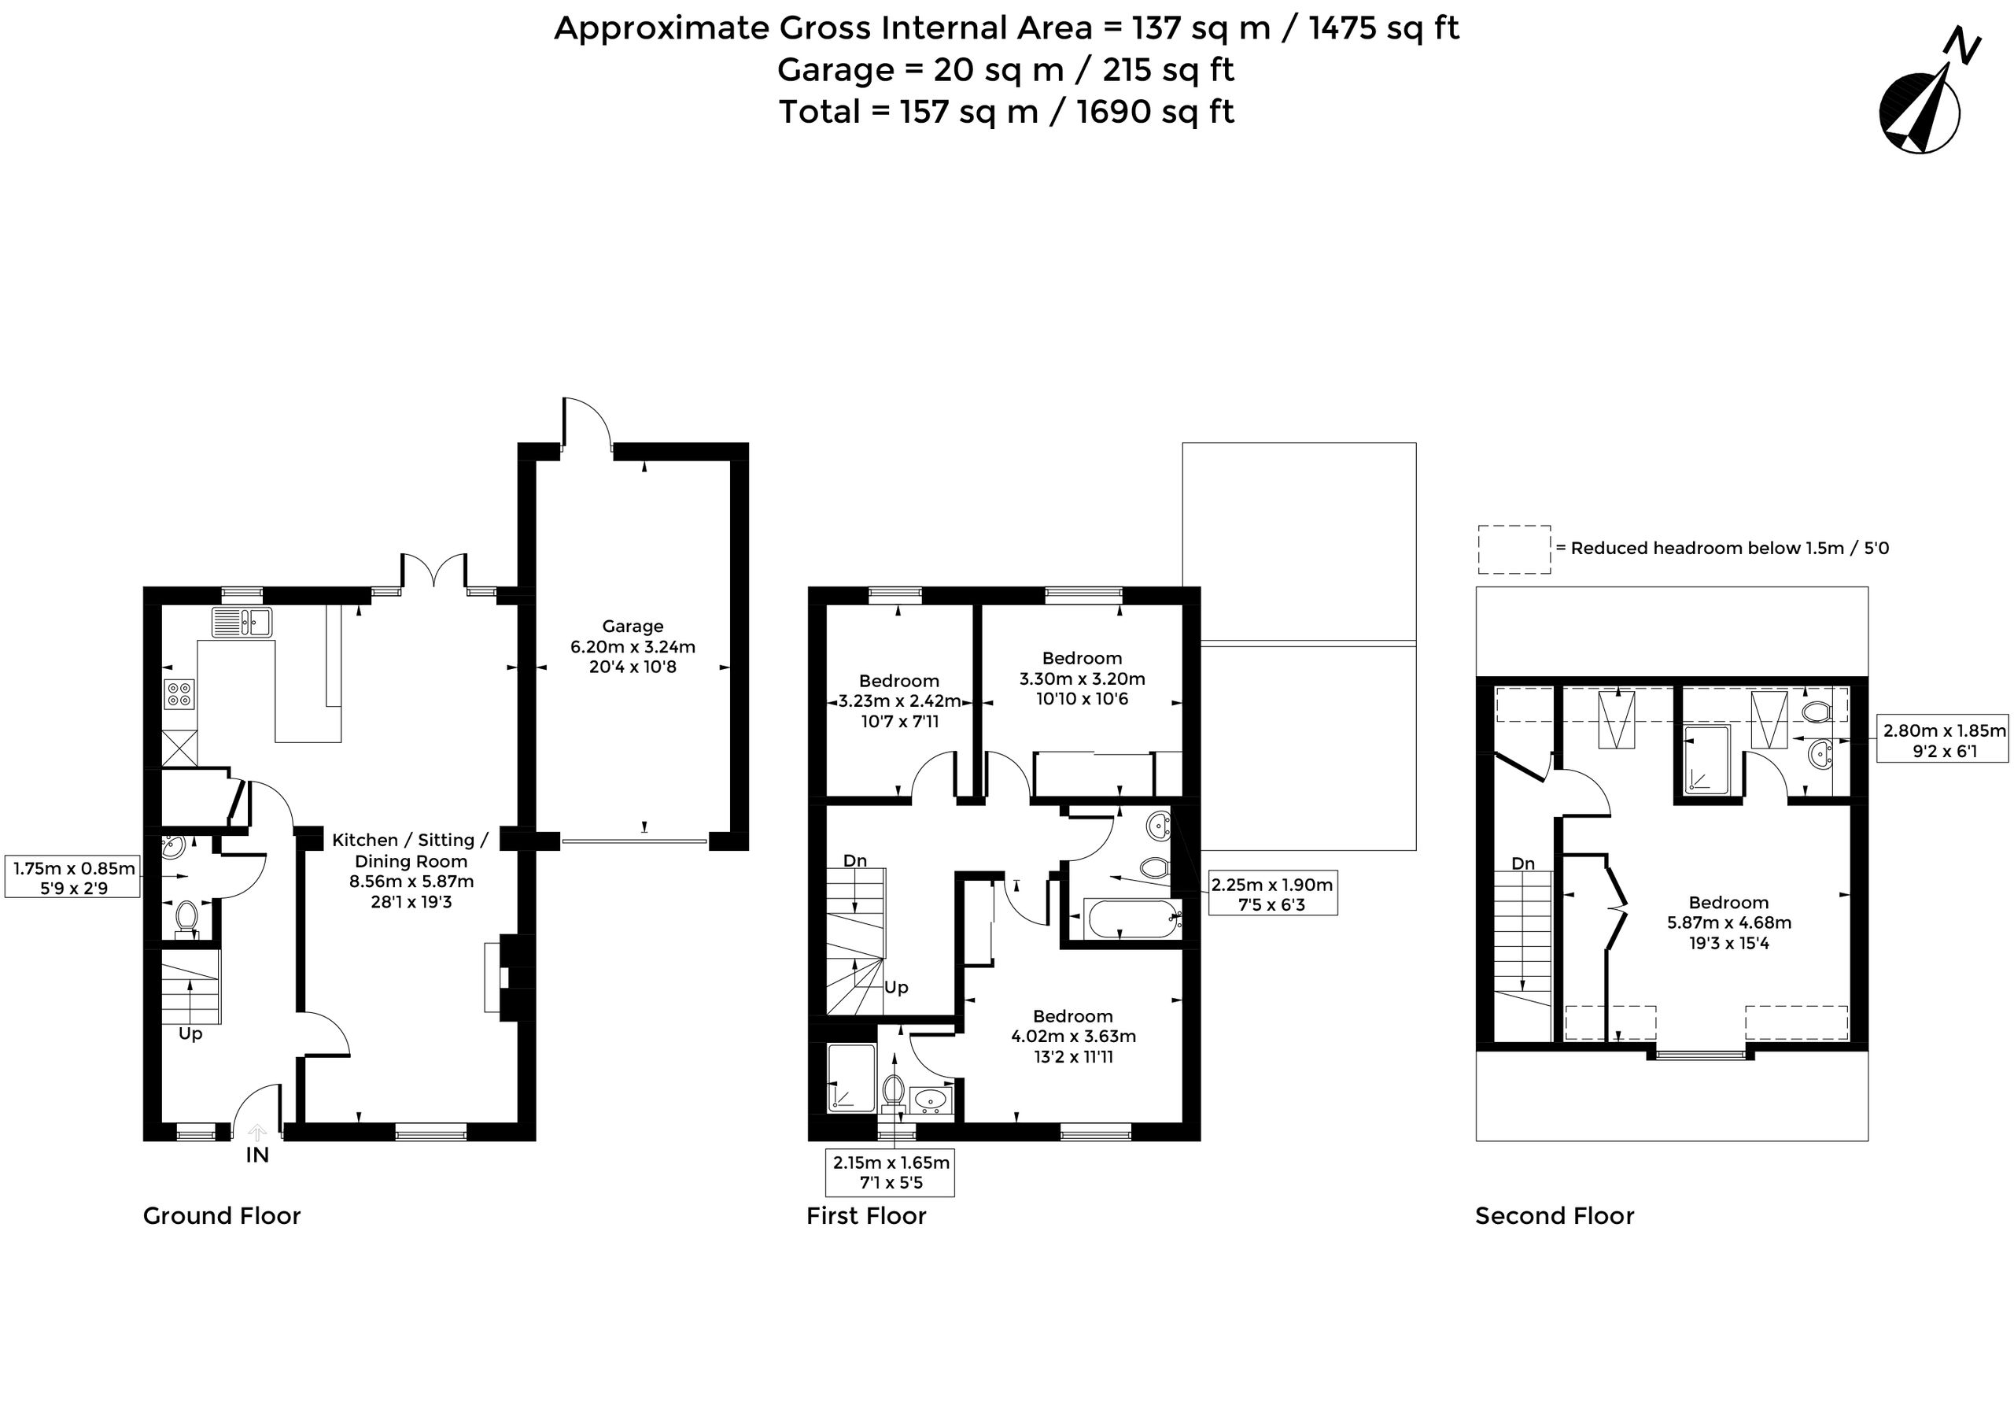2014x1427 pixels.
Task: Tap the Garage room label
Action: point(633,627)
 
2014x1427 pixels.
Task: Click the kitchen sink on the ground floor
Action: point(242,622)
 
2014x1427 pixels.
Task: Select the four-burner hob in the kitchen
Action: point(179,694)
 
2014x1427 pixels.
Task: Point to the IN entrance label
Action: point(257,1155)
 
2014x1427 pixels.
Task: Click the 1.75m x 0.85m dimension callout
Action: point(74,878)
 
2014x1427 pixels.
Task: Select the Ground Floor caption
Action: point(222,1216)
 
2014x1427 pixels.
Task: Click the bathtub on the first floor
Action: point(1131,919)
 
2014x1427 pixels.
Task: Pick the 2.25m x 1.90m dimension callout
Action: point(1273,893)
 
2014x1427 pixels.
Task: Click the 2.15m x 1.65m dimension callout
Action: point(891,1172)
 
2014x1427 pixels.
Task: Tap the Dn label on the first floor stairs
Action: point(854,861)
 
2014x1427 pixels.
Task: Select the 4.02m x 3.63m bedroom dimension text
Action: point(1073,1036)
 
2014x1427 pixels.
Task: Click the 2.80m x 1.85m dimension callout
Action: point(1944,740)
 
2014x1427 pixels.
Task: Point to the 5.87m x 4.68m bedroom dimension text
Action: point(1728,922)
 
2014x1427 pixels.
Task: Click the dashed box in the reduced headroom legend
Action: point(1514,550)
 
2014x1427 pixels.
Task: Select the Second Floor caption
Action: point(1555,1216)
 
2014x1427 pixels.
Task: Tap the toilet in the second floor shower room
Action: point(1815,711)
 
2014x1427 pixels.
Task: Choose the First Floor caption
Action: point(866,1216)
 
